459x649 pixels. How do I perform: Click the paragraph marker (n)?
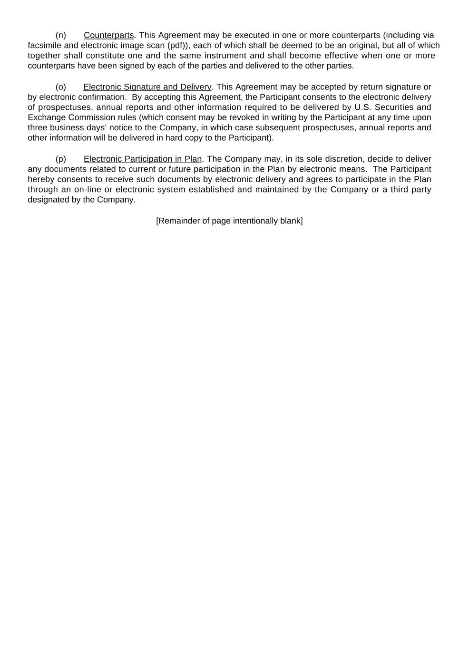tap(60, 35)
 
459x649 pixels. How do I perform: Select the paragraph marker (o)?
tap(60, 87)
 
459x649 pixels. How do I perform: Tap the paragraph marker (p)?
tap(60, 159)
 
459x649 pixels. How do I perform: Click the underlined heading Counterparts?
tap(109, 35)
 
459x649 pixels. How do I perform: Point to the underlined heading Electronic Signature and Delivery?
tap(147, 87)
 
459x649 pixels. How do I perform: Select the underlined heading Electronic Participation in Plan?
tap(143, 159)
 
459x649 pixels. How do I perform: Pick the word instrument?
tap(225, 56)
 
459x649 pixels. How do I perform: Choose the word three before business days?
tap(38, 127)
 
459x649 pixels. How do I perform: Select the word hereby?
tap(40, 179)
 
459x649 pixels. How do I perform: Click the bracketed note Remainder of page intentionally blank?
tap(229, 221)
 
